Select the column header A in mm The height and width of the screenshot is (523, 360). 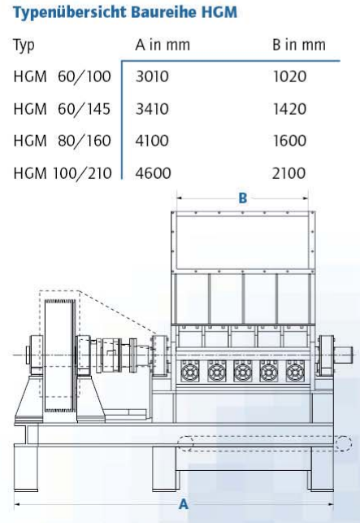tap(163, 45)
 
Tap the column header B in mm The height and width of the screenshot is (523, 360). tap(299, 45)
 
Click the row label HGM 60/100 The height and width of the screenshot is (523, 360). tap(62, 76)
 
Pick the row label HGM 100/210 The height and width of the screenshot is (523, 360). tap(63, 173)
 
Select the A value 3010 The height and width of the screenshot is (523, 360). tap(152, 76)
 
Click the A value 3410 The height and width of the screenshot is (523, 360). tap(152, 109)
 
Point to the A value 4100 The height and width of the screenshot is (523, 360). tap(152, 141)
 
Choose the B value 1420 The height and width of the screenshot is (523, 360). tap(289, 109)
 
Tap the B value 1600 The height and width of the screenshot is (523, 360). tap(289, 141)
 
